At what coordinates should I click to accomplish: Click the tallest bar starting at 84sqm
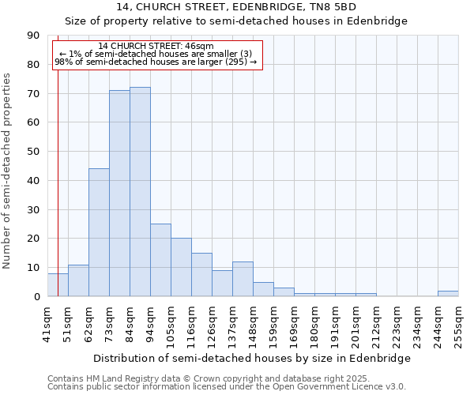(x=140, y=192)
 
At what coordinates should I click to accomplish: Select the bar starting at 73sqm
(x=119, y=194)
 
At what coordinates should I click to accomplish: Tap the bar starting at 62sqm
(x=99, y=232)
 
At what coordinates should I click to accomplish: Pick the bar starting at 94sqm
(x=160, y=260)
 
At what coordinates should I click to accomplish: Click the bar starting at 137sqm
(x=243, y=279)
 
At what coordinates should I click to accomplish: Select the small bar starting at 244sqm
(x=448, y=293)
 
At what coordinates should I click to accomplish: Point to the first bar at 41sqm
(x=58, y=284)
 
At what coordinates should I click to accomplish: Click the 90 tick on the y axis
(x=33, y=36)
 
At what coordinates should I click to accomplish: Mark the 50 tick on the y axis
(x=33, y=152)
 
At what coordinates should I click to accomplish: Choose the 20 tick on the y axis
(x=33, y=239)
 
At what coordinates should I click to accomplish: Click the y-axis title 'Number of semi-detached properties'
(x=8, y=171)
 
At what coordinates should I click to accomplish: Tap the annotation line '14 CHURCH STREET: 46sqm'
(x=156, y=46)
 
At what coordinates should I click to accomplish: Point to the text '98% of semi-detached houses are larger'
(x=150, y=61)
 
